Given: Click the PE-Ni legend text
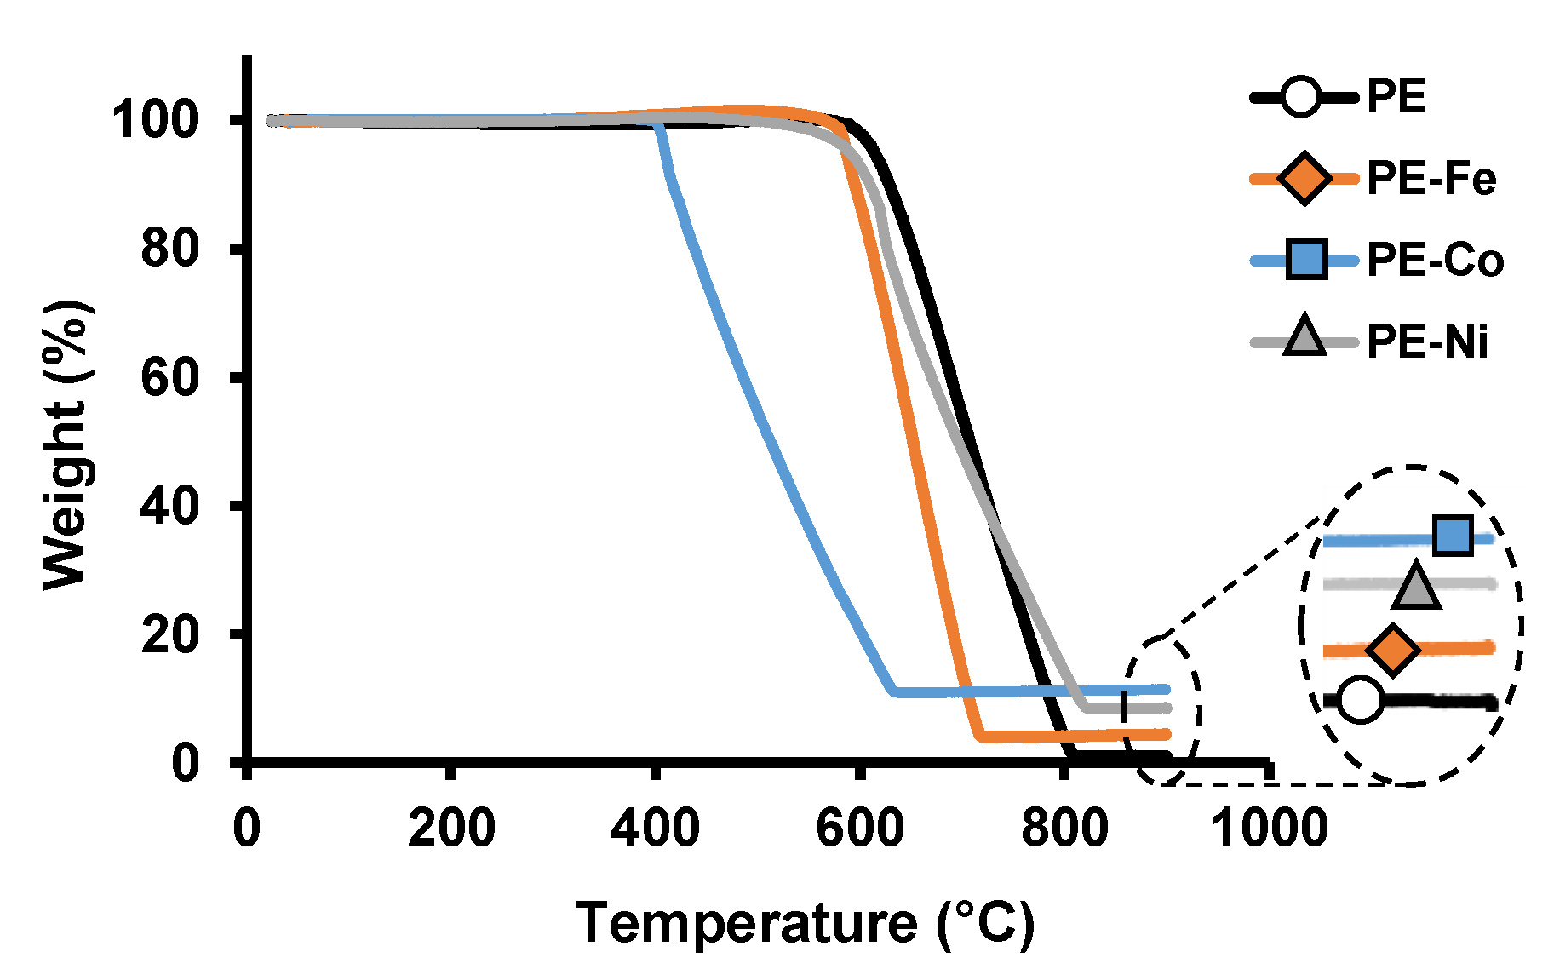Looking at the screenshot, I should tap(1428, 342).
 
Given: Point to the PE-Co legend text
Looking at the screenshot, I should tap(1435, 261).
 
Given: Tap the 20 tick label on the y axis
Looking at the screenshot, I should tap(169, 634).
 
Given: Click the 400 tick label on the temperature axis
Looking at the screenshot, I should tap(655, 828).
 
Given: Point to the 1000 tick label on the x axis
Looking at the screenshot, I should tap(1269, 828).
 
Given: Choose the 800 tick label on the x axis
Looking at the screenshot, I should tap(1064, 828).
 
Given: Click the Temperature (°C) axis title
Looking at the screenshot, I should tap(805, 924).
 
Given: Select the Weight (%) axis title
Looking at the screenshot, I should tap(66, 444).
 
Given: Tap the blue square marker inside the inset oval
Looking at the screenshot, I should tap(1453, 536).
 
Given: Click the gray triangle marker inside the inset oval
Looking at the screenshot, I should tap(1416, 587).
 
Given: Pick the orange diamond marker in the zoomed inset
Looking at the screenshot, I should tap(1392, 650).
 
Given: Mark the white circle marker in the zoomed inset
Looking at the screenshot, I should tap(1360, 700).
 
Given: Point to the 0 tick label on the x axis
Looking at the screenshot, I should tap(247, 828).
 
